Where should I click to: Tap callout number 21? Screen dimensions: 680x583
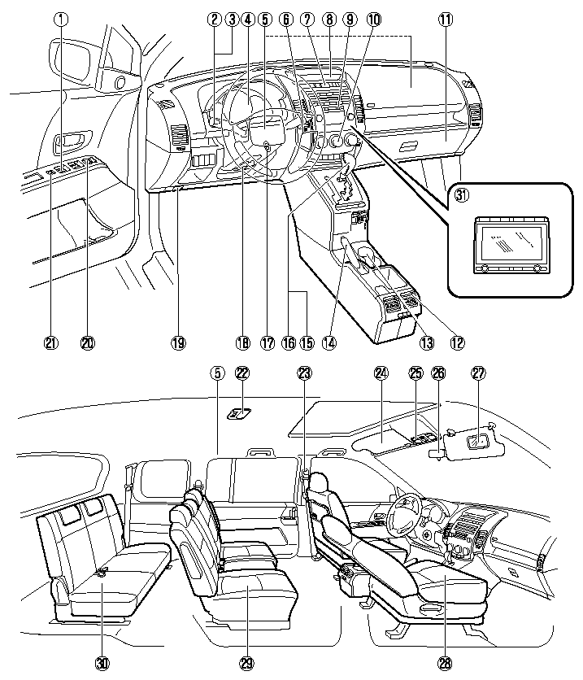[52, 342]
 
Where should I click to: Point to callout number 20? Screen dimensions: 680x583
[88, 342]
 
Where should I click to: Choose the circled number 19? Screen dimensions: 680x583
[178, 342]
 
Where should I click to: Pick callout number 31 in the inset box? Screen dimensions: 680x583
[461, 196]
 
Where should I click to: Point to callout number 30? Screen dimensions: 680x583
[102, 662]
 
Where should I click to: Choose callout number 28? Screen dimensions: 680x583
[445, 662]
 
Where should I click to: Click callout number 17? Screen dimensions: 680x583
[266, 342]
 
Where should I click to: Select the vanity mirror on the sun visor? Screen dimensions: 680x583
[480, 440]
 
